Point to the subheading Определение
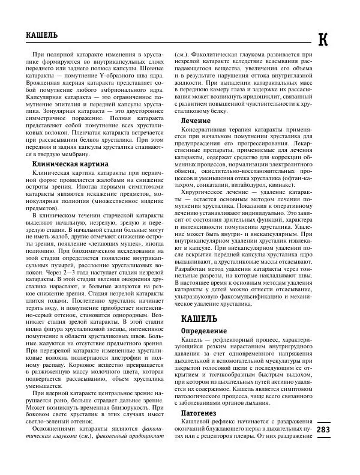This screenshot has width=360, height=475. tap(205, 330)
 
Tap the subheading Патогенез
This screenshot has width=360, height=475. tap(201, 413)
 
